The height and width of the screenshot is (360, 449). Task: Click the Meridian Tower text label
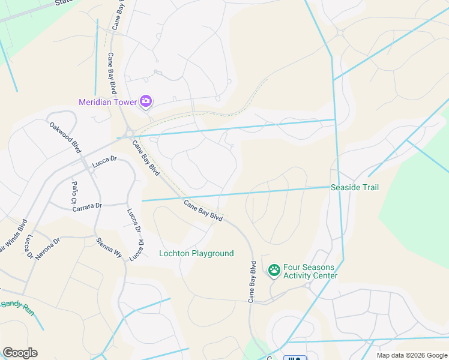[x=109, y=102]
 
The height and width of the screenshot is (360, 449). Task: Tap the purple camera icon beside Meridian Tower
[x=145, y=101]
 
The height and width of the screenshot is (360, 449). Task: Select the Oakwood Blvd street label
[x=65, y=137]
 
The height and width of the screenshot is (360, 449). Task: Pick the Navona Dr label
[x=48, y=248]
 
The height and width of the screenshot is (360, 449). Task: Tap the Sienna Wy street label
[x=109, y=248]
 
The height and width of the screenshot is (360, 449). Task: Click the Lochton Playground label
[x=196, y=254]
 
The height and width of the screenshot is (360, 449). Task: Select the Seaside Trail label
[x=355, y=188]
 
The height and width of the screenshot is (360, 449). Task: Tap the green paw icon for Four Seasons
[x=274, y=271]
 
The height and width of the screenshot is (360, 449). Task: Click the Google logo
[x=20, y=353]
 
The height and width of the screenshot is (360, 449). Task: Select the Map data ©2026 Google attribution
[x=411, y=355]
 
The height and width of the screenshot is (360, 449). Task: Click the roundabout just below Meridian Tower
[x=129, y=133]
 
